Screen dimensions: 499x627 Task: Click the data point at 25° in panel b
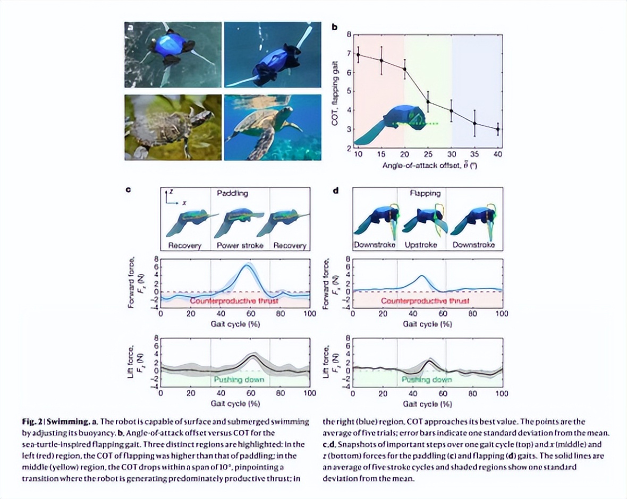pyautogui.click(x=428, y=102)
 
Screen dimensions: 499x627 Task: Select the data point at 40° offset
pyautogui.click(x=498, y=129)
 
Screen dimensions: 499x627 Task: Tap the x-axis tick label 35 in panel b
pyautogui.click(x=475, y=154)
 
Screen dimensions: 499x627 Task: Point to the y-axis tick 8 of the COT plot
pyautogui.click(x=349, y=35)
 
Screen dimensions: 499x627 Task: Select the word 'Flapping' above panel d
pyautogui.click(x=425, y=193)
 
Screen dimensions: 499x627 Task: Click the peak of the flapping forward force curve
pyautogui.click(x=421, y=276)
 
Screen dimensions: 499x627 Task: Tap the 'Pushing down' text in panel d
pyautogui.click(x=426, y=380)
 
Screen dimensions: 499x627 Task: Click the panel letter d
pyautogui.click(x=335, y=190)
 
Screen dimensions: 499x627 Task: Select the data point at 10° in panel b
pyautogui.click(x=358, y=55)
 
